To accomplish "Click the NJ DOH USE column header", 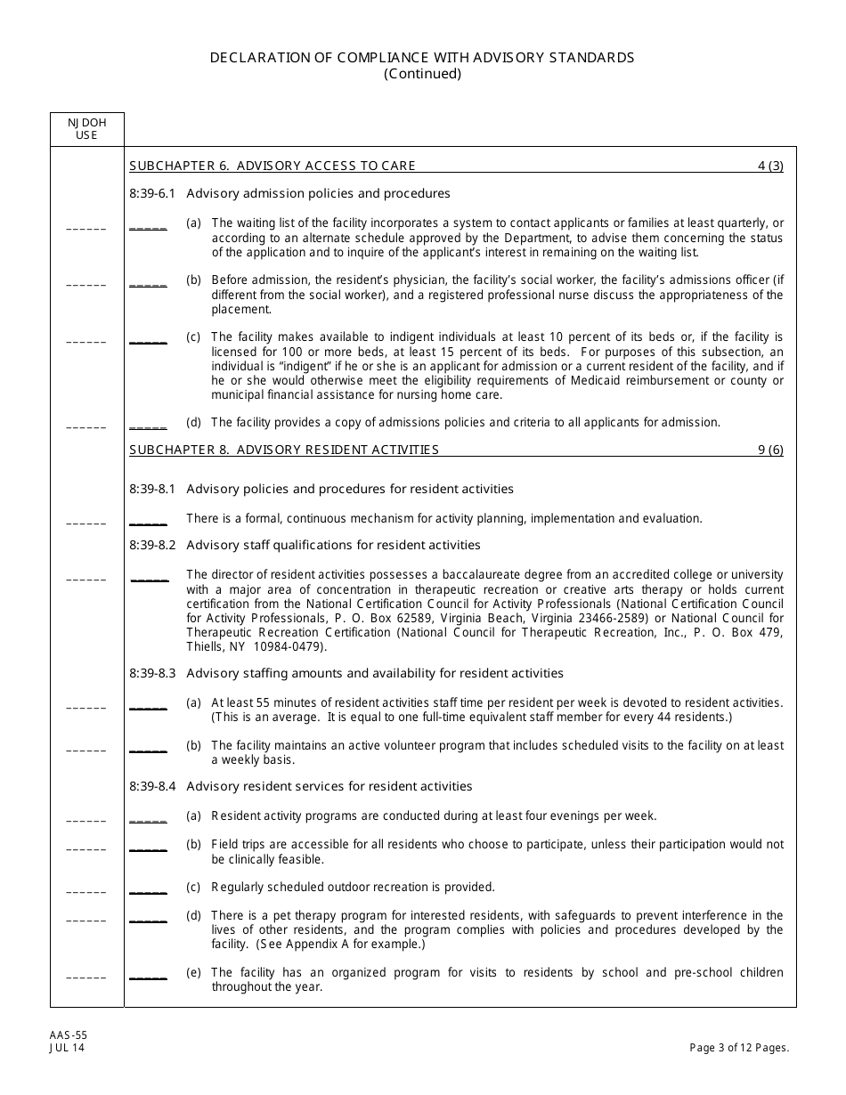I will [x=86, y=129].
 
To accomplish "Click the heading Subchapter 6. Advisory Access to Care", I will [x=273, y=166].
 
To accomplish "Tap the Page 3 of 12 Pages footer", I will [x=739, y=1048].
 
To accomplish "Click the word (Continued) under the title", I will [x=422, y=74].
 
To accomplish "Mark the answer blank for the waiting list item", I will [x=148, y=228].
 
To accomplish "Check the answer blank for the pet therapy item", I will [x=148, y=921].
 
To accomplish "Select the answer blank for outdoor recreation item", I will [x=148, y=891].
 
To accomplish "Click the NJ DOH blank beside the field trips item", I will [x=86, y=849].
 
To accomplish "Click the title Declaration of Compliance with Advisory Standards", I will [x=422, y=57].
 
